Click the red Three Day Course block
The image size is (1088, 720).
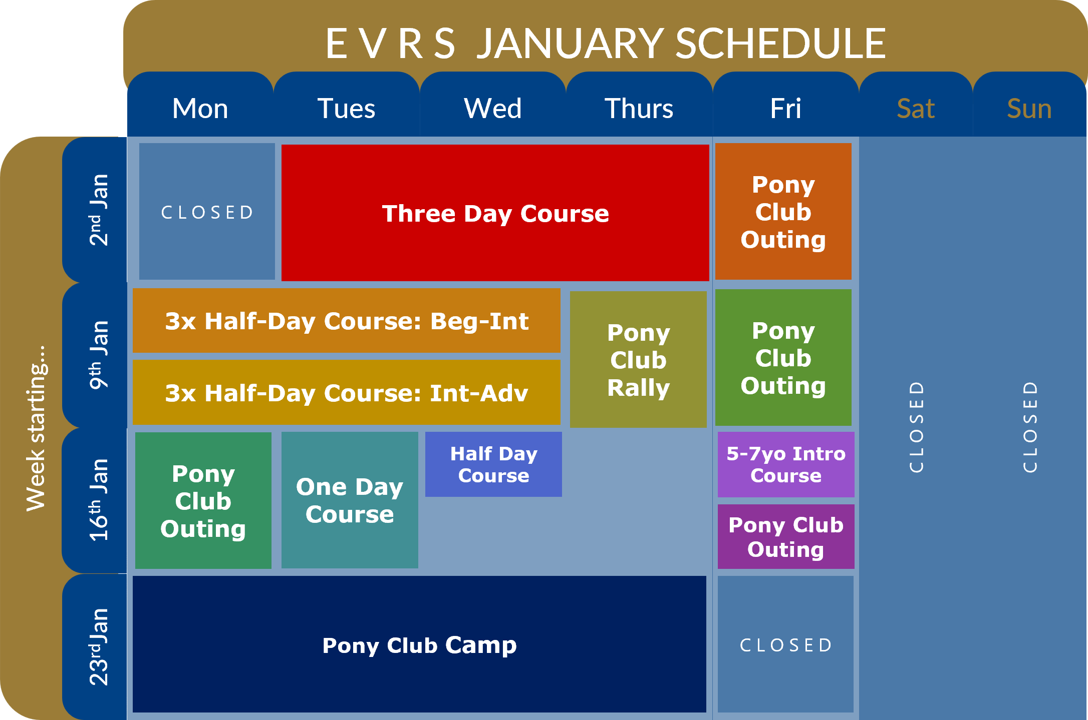tap(495, 213)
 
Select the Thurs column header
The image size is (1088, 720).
tap(639, 109)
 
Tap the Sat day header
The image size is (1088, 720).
tap(915, 109)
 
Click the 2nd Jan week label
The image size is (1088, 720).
tap(98, 210)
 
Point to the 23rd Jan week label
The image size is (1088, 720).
tap(98, 646)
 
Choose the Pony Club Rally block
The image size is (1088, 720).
tap(638, 359)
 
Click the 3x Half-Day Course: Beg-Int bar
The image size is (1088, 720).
tap(346, 321)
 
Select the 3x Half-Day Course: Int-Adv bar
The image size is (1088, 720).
tap(346, 392)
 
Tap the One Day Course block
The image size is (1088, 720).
tap(350, 500)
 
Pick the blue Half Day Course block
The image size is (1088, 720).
tap(493, 464)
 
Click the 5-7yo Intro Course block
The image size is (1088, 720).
tap(785, 464)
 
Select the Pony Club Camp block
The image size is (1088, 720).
tap(419, 644)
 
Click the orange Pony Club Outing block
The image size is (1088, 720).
tap(783, 212)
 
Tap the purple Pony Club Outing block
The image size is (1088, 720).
tap(785, 536)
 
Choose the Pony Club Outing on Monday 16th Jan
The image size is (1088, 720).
tap(203, 500)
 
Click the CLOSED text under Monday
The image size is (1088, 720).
tap(207, 213)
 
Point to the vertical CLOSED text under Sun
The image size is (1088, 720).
tap(1029, 427)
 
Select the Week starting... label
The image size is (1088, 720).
tap(36, 428)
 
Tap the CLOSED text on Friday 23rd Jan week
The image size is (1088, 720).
tap(785, 645)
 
